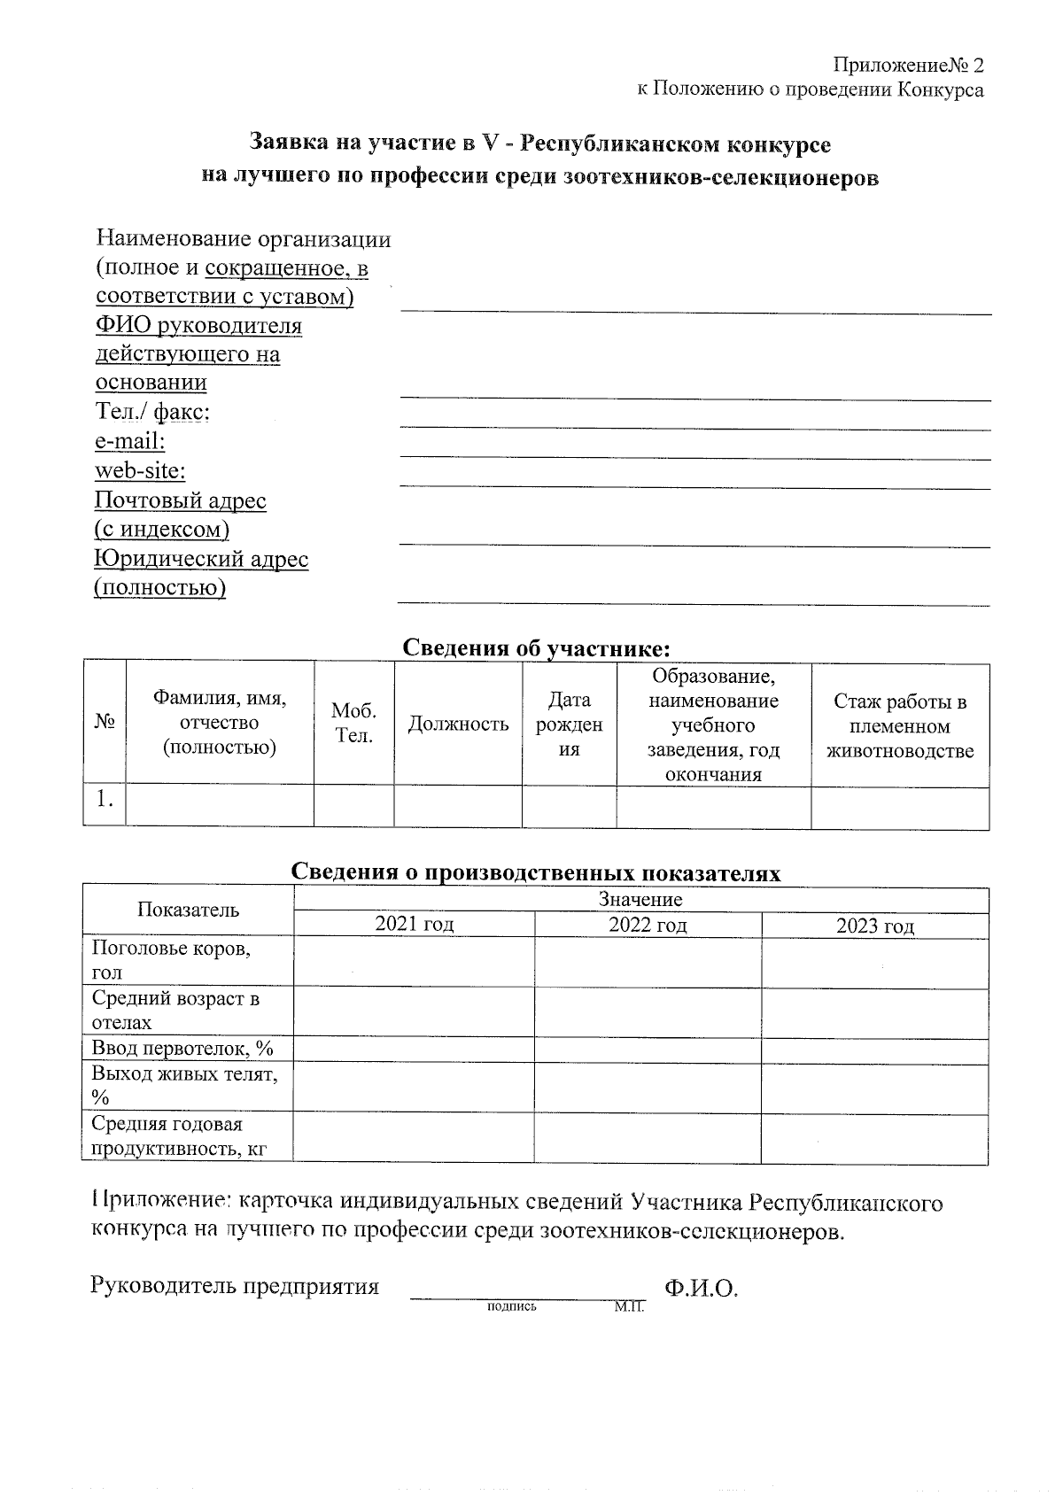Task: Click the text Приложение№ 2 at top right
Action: coord(907,66)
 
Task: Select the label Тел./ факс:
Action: coord(151,412)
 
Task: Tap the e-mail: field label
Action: coord(130,441)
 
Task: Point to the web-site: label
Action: coord(140,470)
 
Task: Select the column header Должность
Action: coord(458,724)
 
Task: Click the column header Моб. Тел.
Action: coord(353,724)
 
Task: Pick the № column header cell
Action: coord(105,724)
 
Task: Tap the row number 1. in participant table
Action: coord(105,800)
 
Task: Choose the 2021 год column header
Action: coord(414,926)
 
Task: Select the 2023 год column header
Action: coord(874,926)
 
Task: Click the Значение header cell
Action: coord(640,899)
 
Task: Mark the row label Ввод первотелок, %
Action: coord(182,1049)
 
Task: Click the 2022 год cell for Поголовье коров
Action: coord(648,962)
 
